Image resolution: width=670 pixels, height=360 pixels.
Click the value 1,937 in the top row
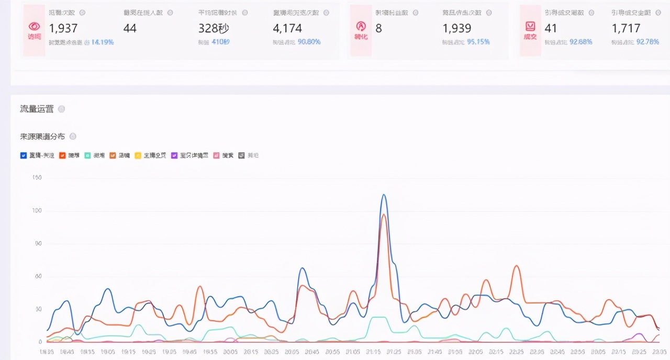point(63,28)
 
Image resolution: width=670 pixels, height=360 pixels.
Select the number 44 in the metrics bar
point(130,28)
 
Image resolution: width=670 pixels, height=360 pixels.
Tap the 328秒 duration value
point(214,28)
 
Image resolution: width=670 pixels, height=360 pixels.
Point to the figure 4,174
point(287,28)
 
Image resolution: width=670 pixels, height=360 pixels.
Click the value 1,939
point(457,28)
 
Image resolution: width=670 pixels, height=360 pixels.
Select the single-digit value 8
point(378,28)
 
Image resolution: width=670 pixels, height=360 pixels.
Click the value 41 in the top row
point(551,28)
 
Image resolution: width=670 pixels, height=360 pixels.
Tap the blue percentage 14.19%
point(103,42)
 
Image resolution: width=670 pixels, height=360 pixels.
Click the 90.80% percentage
point(309,42)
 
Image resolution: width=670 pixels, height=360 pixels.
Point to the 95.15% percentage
point(478,42)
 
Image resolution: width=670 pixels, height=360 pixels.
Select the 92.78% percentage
point(647,42)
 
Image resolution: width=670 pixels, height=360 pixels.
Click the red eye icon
point(34,26)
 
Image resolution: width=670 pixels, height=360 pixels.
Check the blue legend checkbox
point(24,155)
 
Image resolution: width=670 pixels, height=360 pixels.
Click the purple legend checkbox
point(174,155)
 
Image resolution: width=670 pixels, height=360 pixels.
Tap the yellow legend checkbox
point(138,155)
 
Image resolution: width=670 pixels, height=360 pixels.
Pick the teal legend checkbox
point(88,155)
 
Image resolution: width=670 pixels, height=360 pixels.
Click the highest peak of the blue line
point(384,195)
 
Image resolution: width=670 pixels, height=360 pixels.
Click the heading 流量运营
point(37,109)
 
